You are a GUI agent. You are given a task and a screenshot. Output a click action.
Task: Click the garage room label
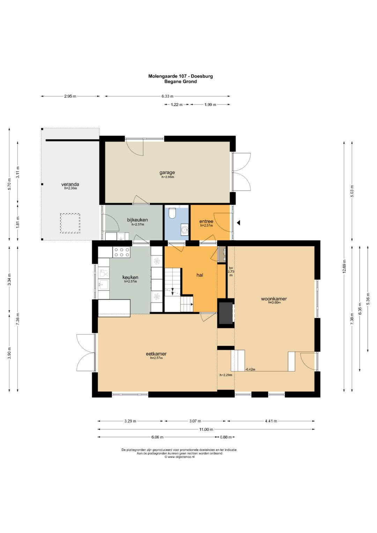[167, 172]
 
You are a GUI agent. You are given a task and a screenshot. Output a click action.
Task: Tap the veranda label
[70, 184]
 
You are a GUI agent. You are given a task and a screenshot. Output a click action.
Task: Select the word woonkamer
[274, 299]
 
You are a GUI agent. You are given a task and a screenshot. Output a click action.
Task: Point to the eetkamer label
[156, 354]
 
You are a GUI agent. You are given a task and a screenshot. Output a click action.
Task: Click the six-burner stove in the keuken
[121, 252]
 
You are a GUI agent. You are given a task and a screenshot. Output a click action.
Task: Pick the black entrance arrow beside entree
[238, 223]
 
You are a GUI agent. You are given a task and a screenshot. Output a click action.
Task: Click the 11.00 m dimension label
[206, 429]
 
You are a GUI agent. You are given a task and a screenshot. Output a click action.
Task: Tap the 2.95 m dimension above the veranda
[70, 96]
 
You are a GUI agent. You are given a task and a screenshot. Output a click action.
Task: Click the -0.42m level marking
[250, 369]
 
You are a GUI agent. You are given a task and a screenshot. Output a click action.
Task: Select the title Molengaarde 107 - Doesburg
[180, 76]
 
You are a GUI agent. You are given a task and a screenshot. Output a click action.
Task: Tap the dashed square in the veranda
[70, 223]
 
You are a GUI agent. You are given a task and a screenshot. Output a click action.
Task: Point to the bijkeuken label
[137, 220]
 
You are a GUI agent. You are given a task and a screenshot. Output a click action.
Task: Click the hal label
[200, 275]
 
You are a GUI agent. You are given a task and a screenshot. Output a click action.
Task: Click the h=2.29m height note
[226, 375]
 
